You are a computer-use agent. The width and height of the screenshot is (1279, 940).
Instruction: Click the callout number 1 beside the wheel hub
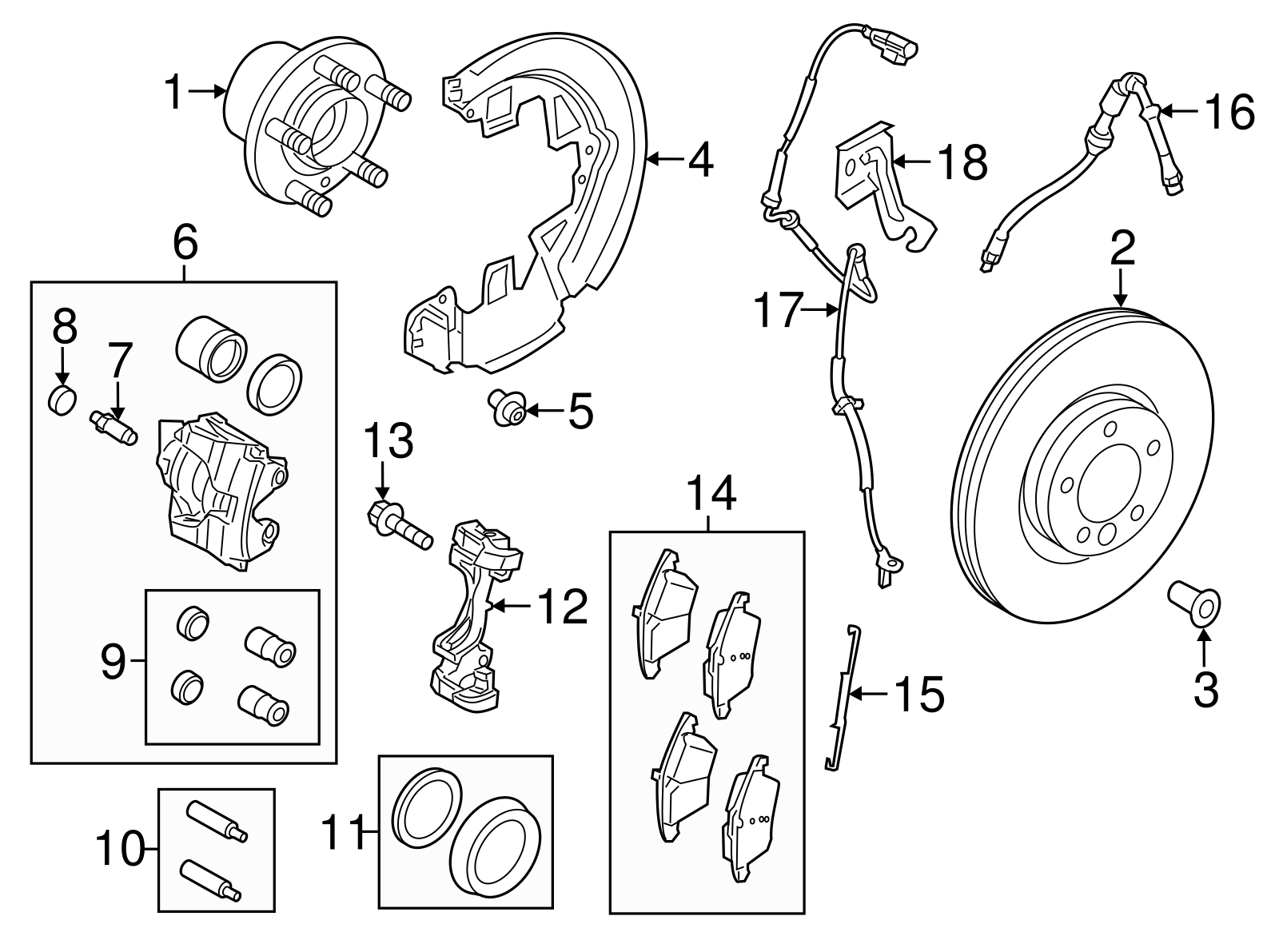pyautogui.click(x=174, y=93)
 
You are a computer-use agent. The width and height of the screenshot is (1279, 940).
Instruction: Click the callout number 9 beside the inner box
pyautogui.click(x=113, y=662)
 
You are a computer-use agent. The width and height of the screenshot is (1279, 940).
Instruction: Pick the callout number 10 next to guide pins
pyautogui.click(x=120, y=850)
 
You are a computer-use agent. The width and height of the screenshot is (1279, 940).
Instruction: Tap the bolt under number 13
pyautogui.click(x=400, y=524)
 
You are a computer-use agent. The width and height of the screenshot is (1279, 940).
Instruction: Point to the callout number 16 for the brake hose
pyautogui.click(x=1229, y=112)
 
